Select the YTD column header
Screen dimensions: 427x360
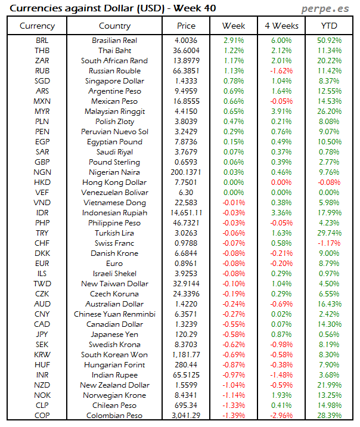(x=329, y=26)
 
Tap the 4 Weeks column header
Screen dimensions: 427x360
(x=281, y=26)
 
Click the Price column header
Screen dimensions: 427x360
(x=186, y=26)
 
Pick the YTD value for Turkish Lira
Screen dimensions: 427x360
(x=330, y=233)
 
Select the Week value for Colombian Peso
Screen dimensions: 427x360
(x=233, y=415)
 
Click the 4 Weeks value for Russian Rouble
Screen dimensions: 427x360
(x=281, y=70)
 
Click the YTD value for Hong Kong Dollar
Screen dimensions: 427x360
(x=330, y=182)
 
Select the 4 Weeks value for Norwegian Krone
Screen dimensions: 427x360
(x=281, y=395)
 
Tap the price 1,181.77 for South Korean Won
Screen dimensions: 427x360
(x=186, y=354)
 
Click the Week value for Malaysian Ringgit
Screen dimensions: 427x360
(x=233, y=111)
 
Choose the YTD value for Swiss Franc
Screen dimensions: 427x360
(x=330, y=243)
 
